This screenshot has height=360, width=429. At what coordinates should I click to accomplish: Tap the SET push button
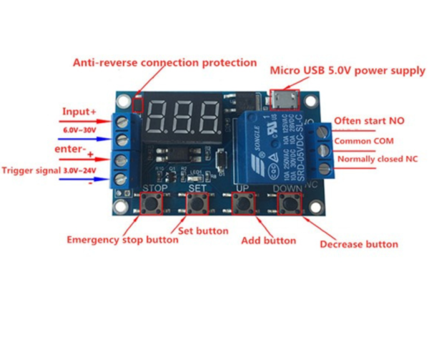point(197,204)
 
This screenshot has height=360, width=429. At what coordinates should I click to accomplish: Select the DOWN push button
point(290,204)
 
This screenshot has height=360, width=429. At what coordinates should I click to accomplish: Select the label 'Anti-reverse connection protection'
point(164,62)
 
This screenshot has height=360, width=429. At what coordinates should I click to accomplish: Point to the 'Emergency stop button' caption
point(122,240)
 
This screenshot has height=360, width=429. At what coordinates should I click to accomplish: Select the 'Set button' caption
point(203,231)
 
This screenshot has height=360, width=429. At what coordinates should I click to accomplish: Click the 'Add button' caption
point(268,240)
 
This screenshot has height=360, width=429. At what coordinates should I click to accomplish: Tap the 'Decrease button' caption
point(358,244)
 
